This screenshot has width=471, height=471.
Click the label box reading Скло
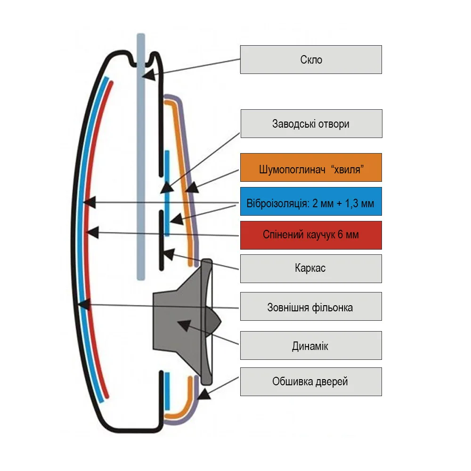[x=311, y=59]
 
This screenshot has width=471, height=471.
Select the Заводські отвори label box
[x=311, y=124]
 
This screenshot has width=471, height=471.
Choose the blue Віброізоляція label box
[x=311, y=204]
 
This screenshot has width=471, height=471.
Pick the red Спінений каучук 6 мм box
[x=311, y=235]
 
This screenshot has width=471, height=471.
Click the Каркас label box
[x=311, y=269]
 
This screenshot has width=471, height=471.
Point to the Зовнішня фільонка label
[x=311, y=308]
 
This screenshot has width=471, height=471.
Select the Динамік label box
[x=311, y=346]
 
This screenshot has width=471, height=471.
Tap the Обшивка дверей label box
[x=311, y=382]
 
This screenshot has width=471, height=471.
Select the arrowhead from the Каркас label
[x=167, y=254]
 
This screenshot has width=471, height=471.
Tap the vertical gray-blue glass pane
[x=140, y=188]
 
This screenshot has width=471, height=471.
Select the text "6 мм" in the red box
[x=349, y=235]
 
